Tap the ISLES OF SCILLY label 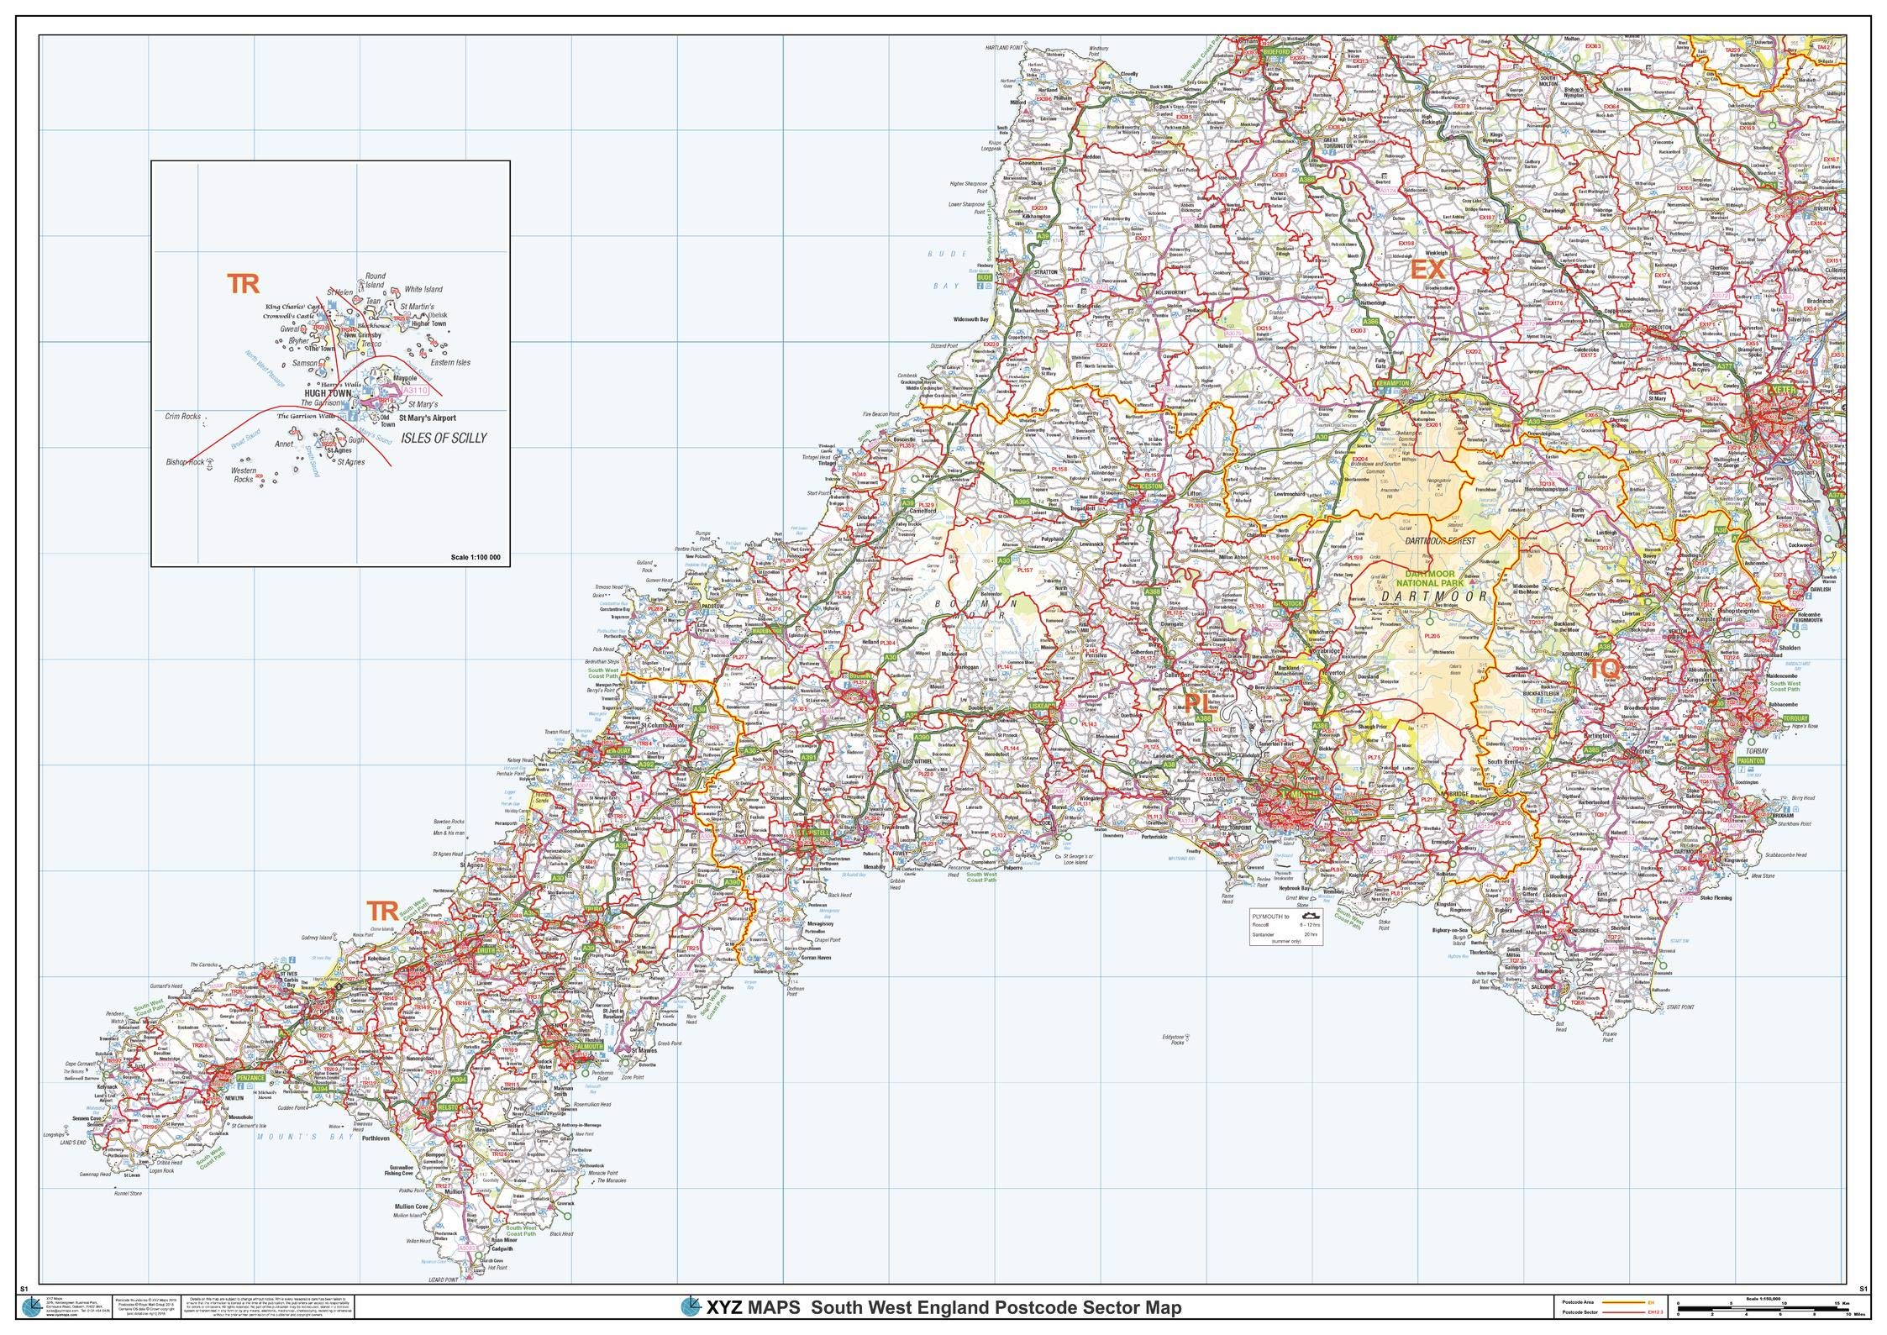(x=444, y=439)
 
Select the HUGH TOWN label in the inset (x=328, y=392)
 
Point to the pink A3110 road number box (x=415, y=391)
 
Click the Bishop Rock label (x=185, y=462)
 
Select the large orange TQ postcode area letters (x=1602, y=669)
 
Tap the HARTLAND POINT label (x=1005, y=48)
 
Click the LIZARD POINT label (x=444, y=1303)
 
